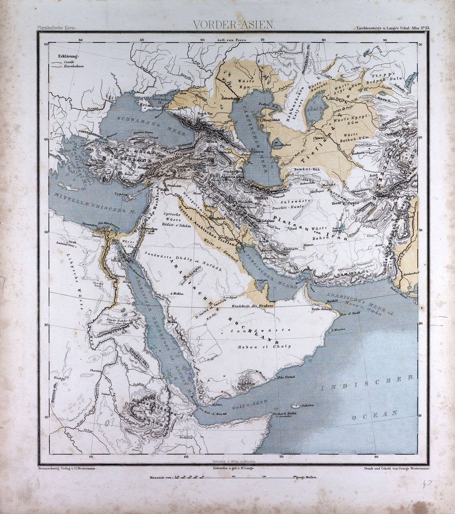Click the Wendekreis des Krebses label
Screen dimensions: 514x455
254,305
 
